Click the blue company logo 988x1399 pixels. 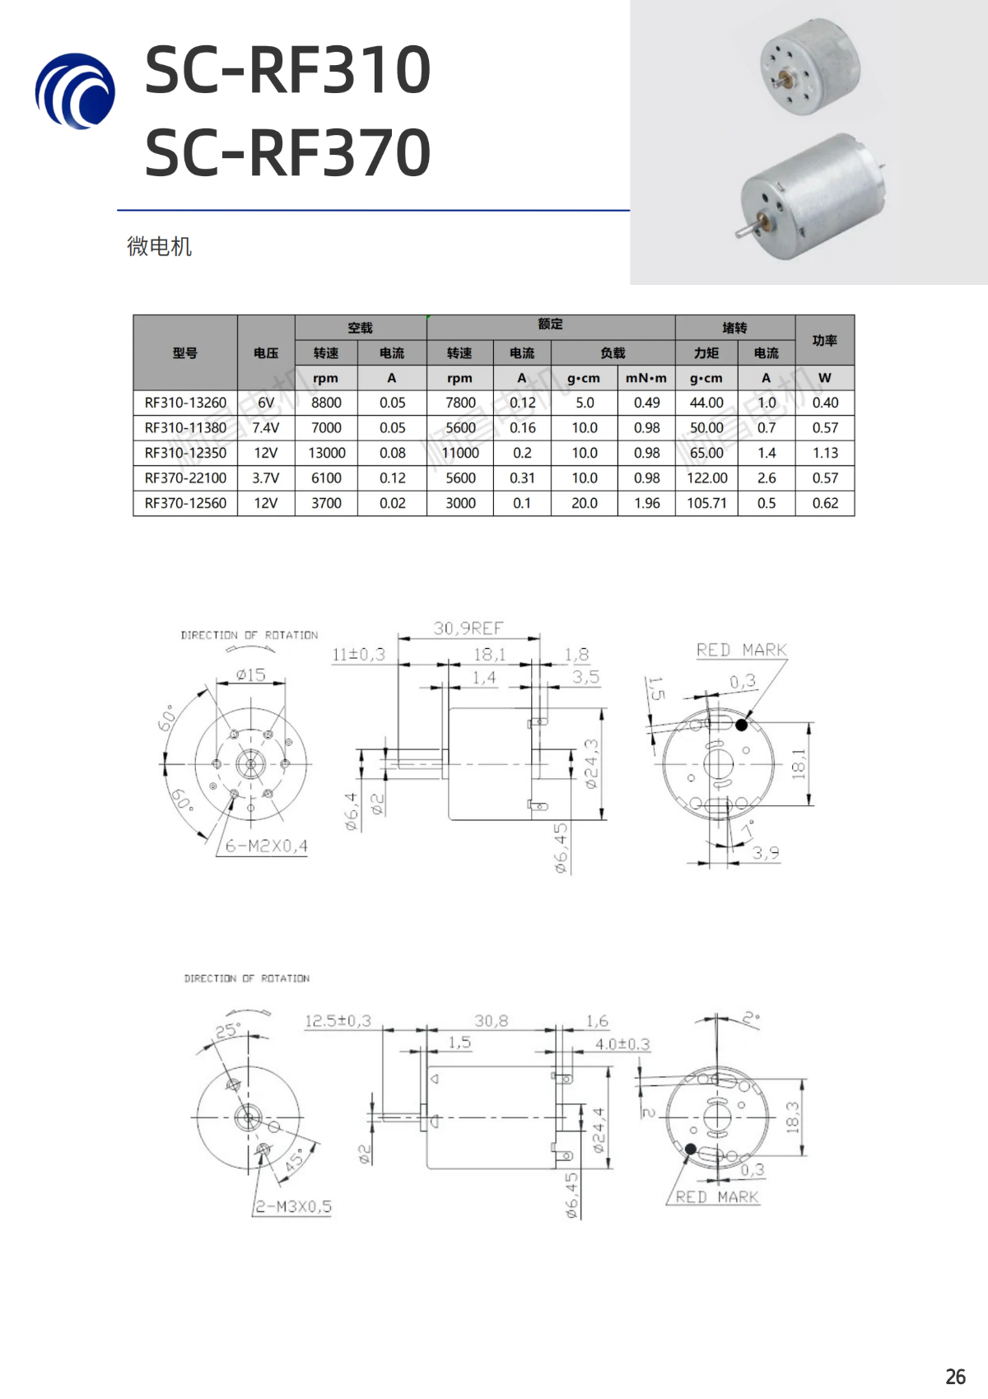tap(76, 91)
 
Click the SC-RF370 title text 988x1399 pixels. tap(287, 153)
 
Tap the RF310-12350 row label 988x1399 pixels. tap(185, 453)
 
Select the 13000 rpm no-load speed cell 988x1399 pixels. tap(326, 453)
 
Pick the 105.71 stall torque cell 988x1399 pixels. tap(706, 503)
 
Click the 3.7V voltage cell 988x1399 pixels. tap(265, 478)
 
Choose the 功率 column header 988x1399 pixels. tap(824, 340)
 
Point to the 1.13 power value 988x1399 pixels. tap(824, 453)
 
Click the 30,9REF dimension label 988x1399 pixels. tap(468, 628)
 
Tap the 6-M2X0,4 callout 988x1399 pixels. tap(266, 846)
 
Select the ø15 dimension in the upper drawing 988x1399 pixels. tap(250, 674)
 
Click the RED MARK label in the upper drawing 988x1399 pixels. tap(741, 650)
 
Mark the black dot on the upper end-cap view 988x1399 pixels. tap(741, 725)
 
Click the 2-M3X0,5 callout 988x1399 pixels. tap(293, 1206)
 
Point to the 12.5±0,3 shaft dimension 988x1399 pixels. tap(338, 1021)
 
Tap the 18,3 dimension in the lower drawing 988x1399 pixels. tap(792, 1117)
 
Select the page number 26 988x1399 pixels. tap(955, 1377)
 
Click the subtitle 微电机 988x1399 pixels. tap(159, 246)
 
